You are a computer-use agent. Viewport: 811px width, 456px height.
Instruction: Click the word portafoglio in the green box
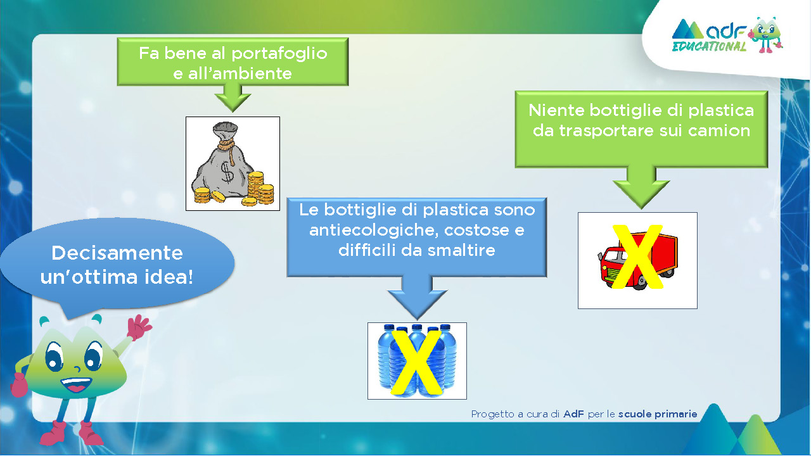[x=279, y=54]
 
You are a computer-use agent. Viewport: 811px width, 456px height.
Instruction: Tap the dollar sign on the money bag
[x=227, y=172]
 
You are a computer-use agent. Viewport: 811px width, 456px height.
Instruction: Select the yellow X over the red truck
[x=637, y=256]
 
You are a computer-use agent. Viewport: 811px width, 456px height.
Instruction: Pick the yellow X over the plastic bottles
[x=416, y=362]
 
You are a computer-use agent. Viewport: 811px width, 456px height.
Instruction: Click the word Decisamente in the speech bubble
[x=117, y=253]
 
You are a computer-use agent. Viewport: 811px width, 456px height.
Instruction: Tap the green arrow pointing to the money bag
[x=233, y=98]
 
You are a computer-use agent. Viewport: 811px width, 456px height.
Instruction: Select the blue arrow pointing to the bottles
[x=417, y=298]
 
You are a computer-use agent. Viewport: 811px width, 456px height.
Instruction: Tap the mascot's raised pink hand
[x=139, y=327]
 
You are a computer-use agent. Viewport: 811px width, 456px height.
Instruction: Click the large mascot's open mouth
[x=76, y=384]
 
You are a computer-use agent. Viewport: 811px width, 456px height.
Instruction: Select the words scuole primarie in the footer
[x=658, y=414]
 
